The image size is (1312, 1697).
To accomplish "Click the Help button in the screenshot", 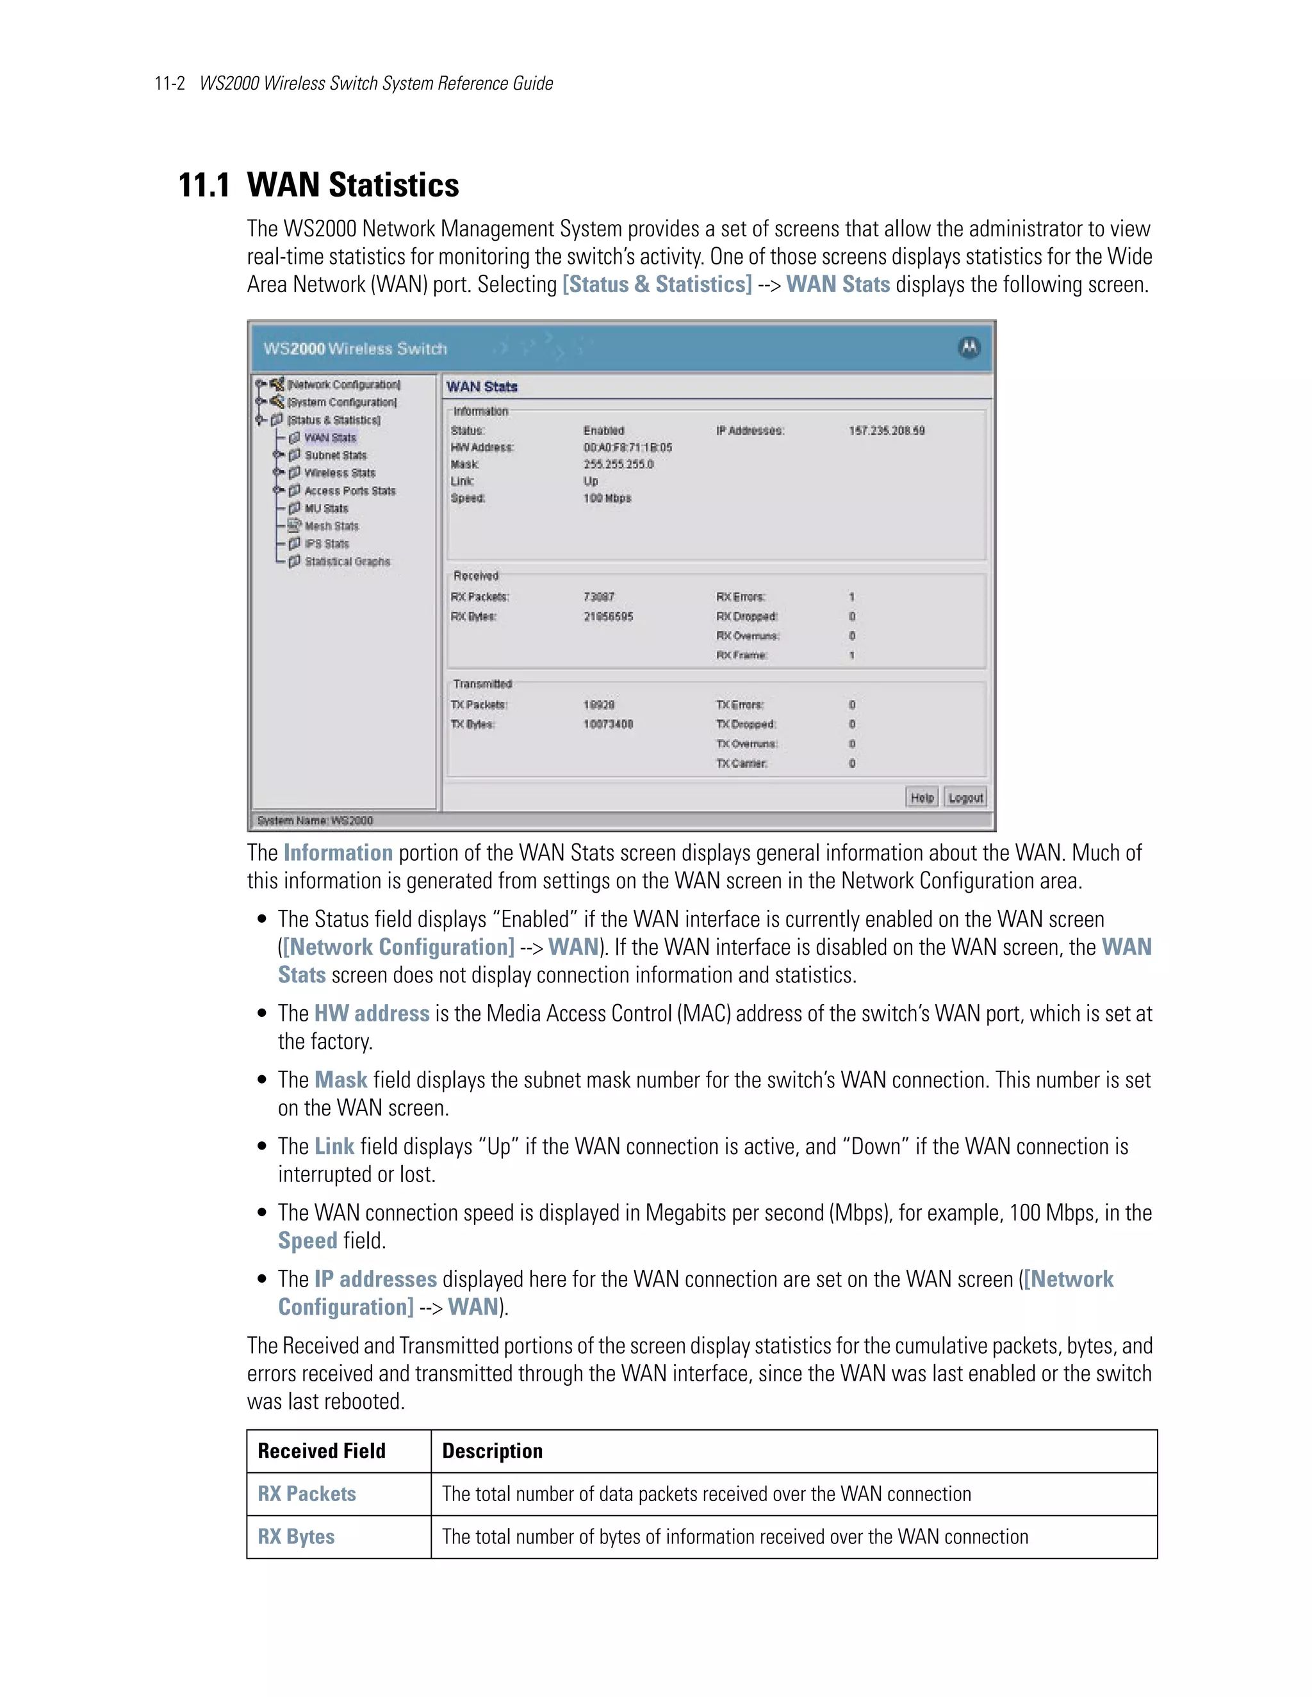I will [922, 797].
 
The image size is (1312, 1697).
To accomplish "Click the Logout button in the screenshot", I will [965, 797].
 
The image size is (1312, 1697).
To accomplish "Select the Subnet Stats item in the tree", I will [335, 455].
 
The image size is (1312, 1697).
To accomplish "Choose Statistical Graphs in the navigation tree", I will [347, 561].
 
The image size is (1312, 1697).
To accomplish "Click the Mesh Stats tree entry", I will [331, 526].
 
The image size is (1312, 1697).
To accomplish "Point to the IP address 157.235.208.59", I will [886, 430].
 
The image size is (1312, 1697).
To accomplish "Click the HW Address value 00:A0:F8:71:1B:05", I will [627, 448].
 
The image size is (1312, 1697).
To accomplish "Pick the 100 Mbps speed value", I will [607, 498].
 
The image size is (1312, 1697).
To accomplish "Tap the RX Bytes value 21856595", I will [608, 616].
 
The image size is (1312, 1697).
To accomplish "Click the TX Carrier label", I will [741, 763].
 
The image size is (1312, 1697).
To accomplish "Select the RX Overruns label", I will [747, 636].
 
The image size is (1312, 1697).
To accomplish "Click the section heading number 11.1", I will [204, 186].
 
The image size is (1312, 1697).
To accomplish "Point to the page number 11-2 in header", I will [169, 83].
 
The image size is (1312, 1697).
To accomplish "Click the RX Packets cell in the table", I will [307, 1493].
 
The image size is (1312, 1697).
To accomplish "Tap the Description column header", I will [492, 1450].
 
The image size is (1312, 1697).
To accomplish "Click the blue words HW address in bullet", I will [372, 1013].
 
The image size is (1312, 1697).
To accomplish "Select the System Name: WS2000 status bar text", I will [315, 820].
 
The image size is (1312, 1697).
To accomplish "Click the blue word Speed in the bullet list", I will [307, 1240].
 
